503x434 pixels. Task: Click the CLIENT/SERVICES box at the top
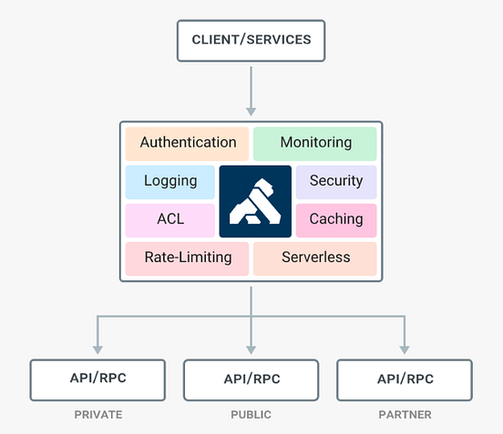click(251, 40)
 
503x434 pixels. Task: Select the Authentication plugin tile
click(188, 143)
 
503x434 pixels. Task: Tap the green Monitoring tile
click(315, 143)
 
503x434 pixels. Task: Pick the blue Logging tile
click(170, 181)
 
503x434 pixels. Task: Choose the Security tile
click(335, 181)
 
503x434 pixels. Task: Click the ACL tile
click(170, 219)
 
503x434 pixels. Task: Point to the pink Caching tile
click(335, 219)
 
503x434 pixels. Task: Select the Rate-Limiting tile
click(188, 257)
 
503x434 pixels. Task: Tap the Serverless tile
click(315, 257)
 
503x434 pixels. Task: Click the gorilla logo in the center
click(255, 200)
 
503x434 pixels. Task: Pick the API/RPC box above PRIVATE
click(98, 378)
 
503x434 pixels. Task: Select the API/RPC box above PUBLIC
click(251, 379)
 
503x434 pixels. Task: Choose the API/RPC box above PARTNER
click(405, 378)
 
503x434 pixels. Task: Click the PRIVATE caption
click(98, 415)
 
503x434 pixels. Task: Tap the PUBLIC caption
click(251, 415)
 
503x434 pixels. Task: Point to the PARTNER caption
click(405, 415)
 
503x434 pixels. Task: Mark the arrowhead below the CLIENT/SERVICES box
click(251, 110)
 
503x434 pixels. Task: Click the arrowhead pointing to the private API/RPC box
click(98, 348)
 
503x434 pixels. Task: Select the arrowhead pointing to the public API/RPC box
click(251, 348)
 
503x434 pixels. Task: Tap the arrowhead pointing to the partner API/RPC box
click(405, 348)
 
